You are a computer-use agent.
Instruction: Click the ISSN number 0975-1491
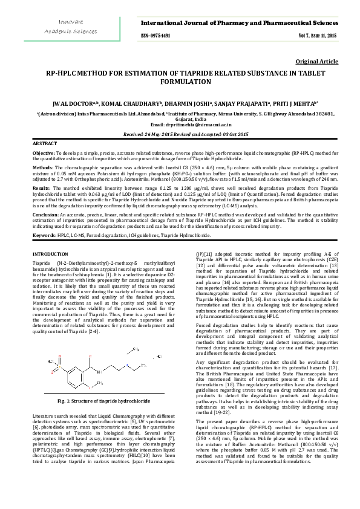click(157, 36)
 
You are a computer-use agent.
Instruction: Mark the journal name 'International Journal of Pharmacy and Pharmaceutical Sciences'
click(239, 22)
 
